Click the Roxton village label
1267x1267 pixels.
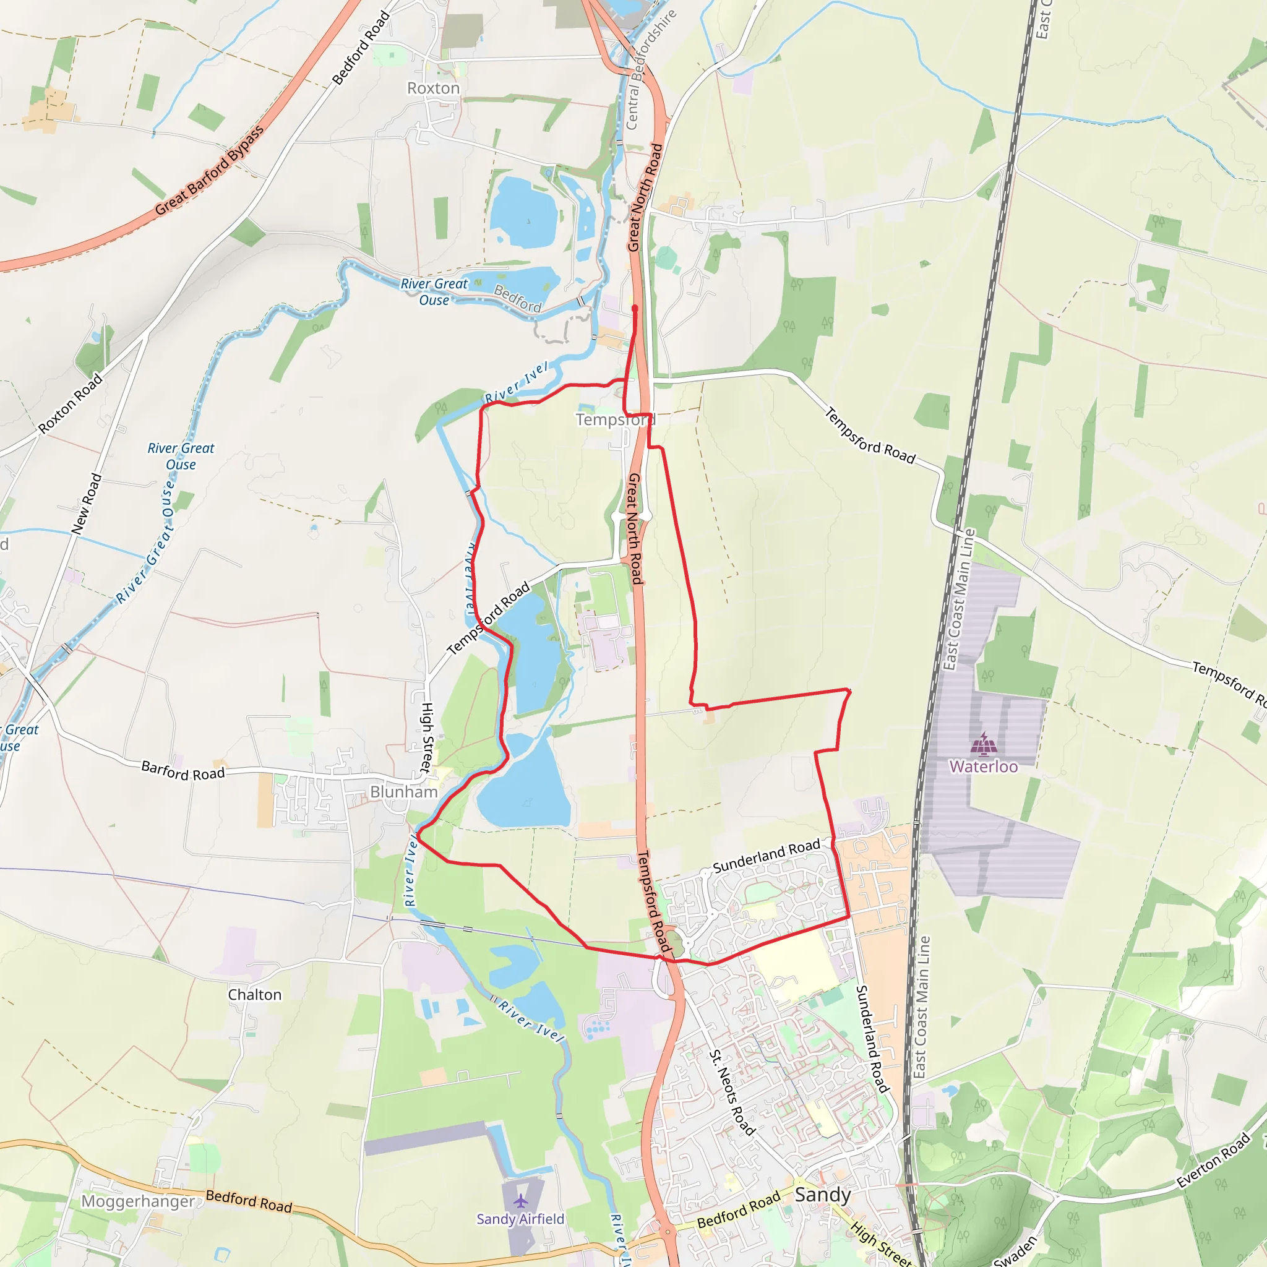(434, 88)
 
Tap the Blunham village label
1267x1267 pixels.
(403, 791)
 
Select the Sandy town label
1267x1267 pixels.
(822, 1194)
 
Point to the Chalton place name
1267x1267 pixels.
(254, 994)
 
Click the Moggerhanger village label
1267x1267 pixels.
(138, 1201)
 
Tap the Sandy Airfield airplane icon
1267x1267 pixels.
(521, 1201)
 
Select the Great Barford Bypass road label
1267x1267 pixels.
(209, 170)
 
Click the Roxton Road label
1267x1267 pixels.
(70, 403)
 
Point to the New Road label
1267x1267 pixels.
(87, 503)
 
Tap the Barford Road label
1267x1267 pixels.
(183, 771)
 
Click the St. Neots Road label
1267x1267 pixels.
(732, 1093)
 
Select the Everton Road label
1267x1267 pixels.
(1213, 1160)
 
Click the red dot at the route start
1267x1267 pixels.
(635, 307)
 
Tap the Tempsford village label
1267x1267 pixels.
(615, 419)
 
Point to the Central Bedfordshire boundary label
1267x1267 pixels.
(649, 69)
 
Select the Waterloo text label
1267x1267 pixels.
(983, 766)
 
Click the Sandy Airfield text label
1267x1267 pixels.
(520, 1219)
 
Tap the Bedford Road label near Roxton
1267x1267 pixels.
(361, 48)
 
